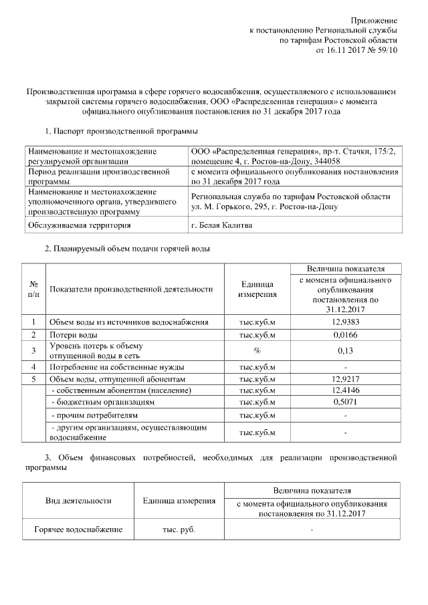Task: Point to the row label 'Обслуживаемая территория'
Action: tap(79, 226)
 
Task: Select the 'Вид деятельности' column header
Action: tap(78, 501)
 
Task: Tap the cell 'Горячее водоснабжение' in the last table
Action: tap(78, 530)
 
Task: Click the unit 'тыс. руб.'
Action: tap(179, 530)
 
